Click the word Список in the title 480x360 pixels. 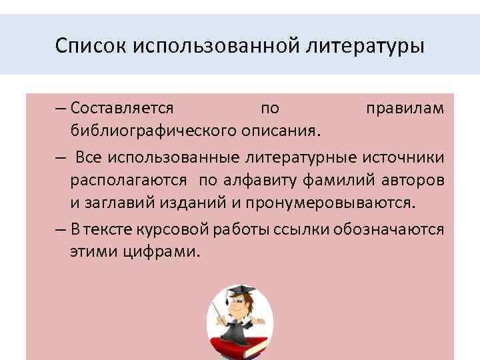pyautogui.click(x=92, y=47)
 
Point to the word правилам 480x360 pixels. pyautogui.click(x=405, y=107)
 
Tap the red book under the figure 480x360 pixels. pyautogui.click(x=240, y=346)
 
